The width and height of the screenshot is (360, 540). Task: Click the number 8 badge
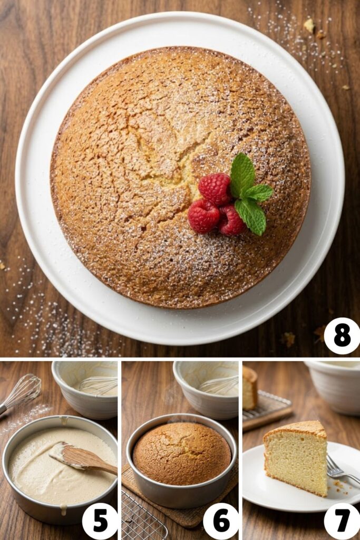[342, 336]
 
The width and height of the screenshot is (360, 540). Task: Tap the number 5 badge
[100, 521]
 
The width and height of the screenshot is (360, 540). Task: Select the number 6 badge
[221, 521]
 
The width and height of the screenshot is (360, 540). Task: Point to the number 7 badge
[342, 521]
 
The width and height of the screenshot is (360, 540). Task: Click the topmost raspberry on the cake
[214, 188]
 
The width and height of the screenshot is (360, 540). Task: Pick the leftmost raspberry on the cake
[203, 216]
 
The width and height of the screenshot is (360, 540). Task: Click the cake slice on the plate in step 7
[297, 456]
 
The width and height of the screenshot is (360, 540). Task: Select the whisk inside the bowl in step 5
[98, 385]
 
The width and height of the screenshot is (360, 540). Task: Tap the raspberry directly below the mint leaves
[232, 220]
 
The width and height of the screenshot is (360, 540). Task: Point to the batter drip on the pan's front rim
[63, 510]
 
